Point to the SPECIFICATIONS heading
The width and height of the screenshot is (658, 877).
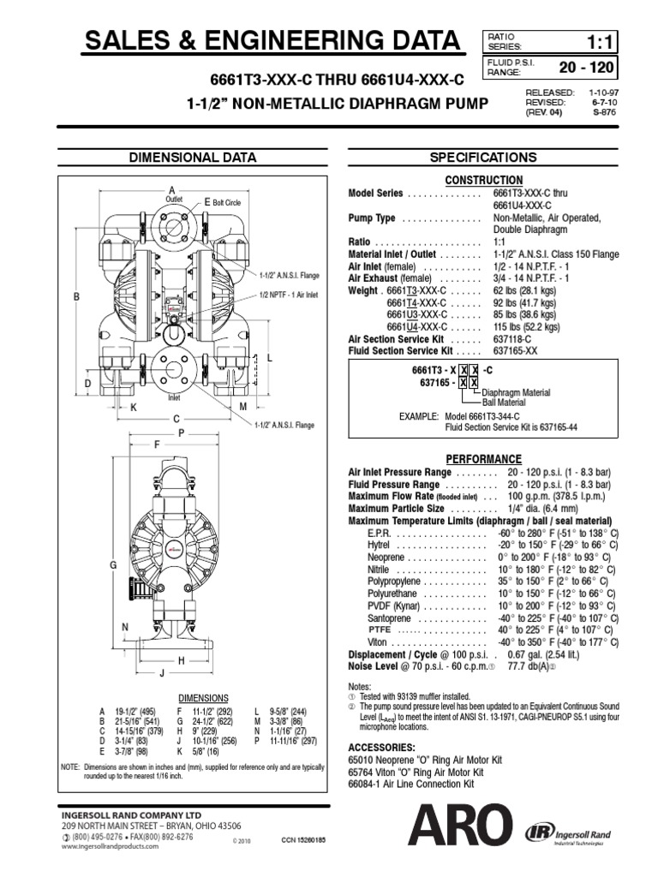[483, 158]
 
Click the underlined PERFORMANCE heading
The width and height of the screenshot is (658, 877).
[483, 459]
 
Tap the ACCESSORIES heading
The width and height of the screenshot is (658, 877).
[382, 748]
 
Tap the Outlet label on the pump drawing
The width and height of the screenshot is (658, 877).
[174, 199]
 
